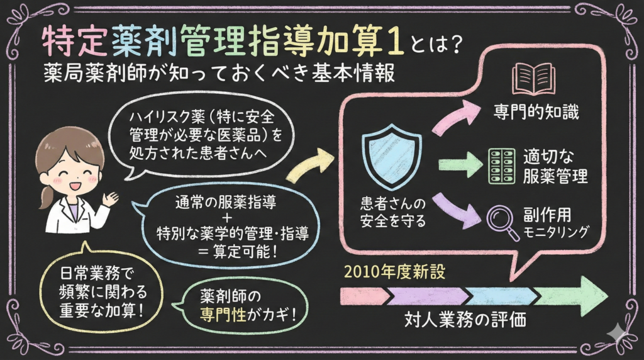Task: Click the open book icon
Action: click(533, 79)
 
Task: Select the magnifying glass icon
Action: click(503, 221)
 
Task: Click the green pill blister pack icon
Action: click(502, 166)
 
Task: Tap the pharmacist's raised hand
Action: click(111, 200)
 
